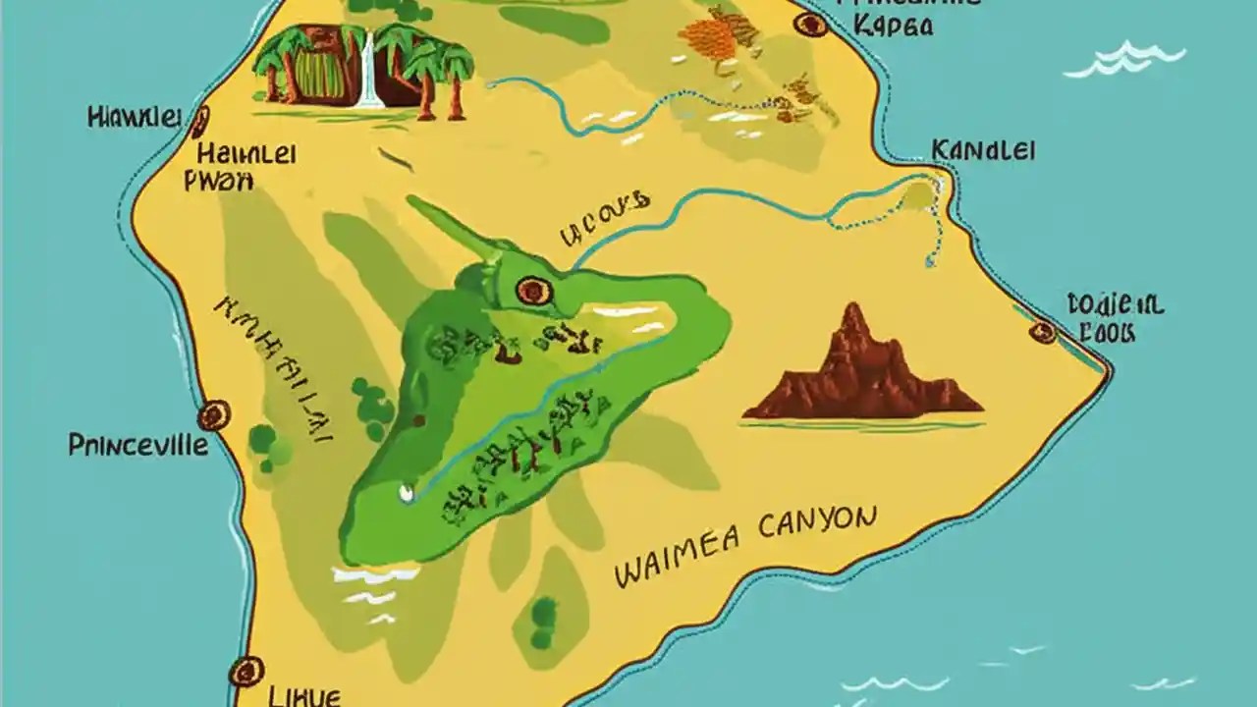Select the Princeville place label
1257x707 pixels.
(137, 446)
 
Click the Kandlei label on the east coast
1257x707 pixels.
(982, 151)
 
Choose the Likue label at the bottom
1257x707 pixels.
(303, 696)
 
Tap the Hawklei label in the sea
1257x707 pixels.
(134, 118)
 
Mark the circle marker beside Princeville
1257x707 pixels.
(213, 416)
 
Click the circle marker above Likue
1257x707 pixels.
(246, 672)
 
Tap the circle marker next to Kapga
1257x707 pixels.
(811, 25)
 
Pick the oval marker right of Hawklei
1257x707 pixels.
(200, 122)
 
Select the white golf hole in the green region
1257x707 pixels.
(407, 487)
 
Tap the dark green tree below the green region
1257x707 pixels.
(543, 614)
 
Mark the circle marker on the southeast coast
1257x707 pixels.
(1043, 332)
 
